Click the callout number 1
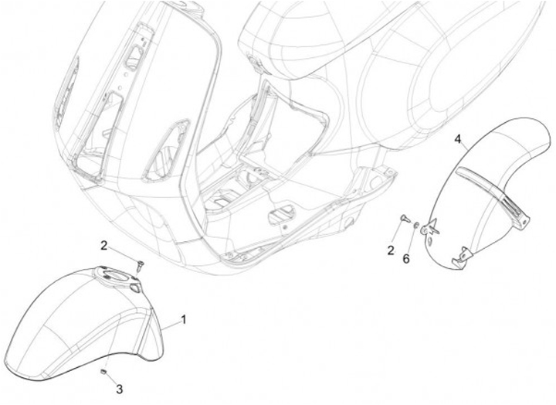[184, 318]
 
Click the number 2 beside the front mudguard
[103, 245]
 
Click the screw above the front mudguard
[139, 265]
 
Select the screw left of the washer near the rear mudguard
[403, 220]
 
